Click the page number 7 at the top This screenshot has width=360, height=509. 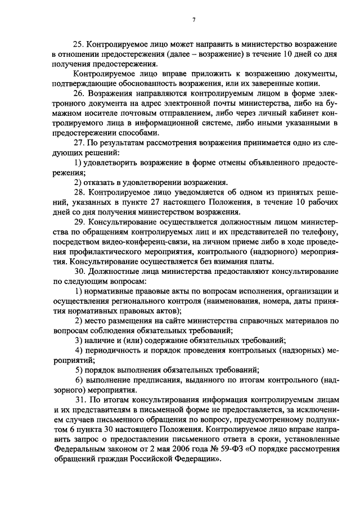click(x=193, y=21)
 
